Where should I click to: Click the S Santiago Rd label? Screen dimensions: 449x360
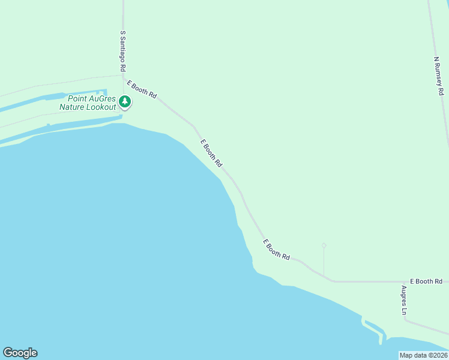click(x=122, y=52)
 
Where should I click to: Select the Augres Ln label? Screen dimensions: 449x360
click(x=405, y=300)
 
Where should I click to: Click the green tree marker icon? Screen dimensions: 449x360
click(x=125, y=102)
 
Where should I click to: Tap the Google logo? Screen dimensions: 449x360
click(x=20, y=353)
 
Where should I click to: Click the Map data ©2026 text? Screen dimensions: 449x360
click(x=423, y=355)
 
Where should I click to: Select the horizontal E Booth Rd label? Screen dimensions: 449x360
click(x=426, y=281)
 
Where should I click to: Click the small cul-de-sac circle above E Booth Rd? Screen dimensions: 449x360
click(x=324, y=245)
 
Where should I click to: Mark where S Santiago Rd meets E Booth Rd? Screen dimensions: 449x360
click(x=124, y=76)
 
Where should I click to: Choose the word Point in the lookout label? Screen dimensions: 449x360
click(x=77, y=99)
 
